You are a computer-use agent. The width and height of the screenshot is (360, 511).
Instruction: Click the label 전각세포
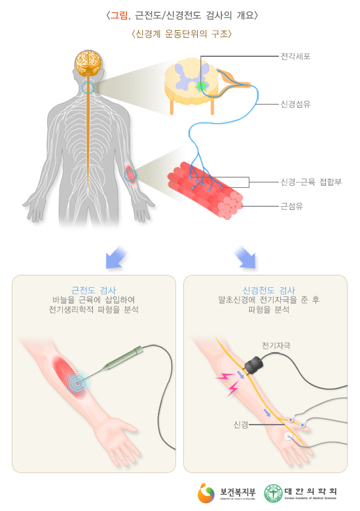[x=295, y=56]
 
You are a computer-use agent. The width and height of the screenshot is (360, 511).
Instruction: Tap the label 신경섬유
[x=295, y=104]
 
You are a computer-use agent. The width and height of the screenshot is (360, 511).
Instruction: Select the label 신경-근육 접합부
[x=311, y=182]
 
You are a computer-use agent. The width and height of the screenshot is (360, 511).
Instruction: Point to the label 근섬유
[x=291, y=206]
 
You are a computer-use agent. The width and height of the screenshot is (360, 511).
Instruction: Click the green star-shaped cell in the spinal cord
[x=201, y=86]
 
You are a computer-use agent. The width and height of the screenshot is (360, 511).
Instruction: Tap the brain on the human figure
[x=89, y=62]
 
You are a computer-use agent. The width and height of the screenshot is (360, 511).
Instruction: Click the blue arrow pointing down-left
[x=116, y=258]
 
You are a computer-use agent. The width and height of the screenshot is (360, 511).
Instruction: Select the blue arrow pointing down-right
[x=245, y=257]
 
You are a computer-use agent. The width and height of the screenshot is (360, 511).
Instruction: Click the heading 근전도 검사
[x=94, y=290]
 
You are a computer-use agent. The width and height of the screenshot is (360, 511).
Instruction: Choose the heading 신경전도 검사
[x=269, y=290]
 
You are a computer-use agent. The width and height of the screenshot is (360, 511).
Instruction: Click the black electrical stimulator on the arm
[x=255, y=364]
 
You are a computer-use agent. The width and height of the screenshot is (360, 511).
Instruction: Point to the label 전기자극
[x=276, y=345]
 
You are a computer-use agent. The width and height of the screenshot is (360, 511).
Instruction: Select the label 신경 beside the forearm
[x=241, y=425]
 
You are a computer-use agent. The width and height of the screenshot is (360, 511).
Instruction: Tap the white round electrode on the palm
[x=288, y=436]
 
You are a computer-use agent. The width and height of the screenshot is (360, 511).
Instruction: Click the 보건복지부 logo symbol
[x=206, y=493]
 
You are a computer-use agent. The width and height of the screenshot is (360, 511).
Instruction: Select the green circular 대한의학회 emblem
[x=273, y=493]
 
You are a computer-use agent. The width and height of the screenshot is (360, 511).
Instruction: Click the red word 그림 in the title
[x=118, y=15]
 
